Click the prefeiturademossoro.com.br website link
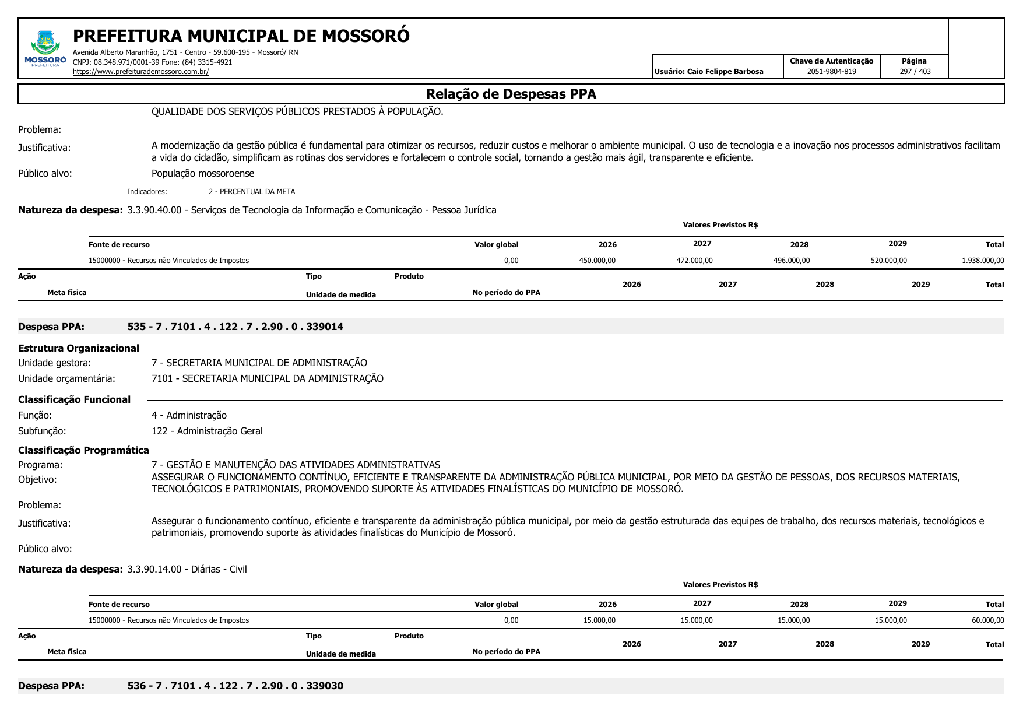pos(140,72)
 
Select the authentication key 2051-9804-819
pos(831,72)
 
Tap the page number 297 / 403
pos(915,72)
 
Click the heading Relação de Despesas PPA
pos(511,94)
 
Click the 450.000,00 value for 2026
pos(597,261)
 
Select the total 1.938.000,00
pos(983,261)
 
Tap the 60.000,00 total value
pos(987,620)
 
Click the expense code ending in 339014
pos(235,327)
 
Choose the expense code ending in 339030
pos(235,686)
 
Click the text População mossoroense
pos(203,173)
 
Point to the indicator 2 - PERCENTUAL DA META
pos(252,192)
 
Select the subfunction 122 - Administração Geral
pos(207,431)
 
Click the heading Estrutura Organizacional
pos(79,348)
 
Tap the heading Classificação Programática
pos(83,450)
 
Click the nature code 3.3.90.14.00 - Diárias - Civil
pos(187,569)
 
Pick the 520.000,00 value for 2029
pos(888,261)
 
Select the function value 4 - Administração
pos(189,415)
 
